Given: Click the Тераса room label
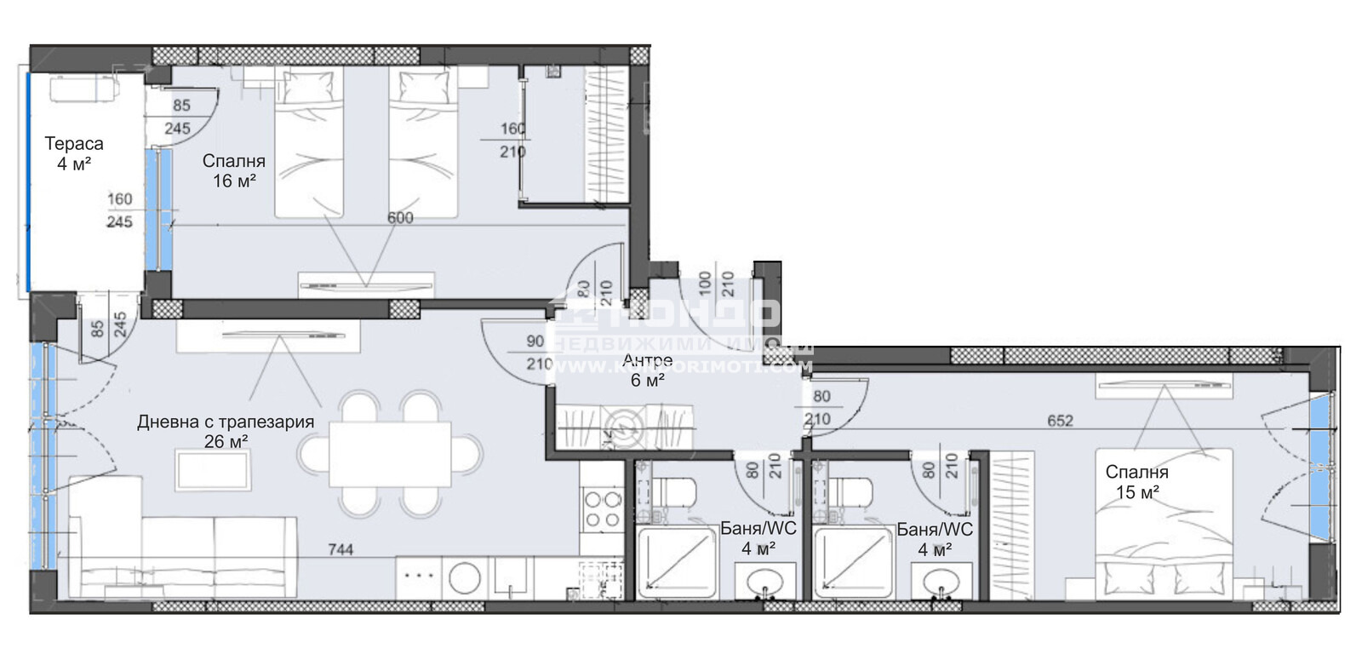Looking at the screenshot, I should pyautogui.click(x=74, y=144).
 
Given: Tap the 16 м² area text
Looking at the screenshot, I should pyautogui.click(x=234, y=181).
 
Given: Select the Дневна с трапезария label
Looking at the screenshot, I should pyautogui.click(x=226, y=422).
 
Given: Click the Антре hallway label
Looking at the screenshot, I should pyautogui.click(x=647, y=360).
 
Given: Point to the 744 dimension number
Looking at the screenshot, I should pyautogui.click(x=340, y=550).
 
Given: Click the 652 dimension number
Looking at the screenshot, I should pyautogui.click(x=1061, y=421).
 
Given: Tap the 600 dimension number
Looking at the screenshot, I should pyautogui.click(x=400, y=218).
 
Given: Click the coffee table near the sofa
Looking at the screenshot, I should pyautogui.click(x=213, y=471).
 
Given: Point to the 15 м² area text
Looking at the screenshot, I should pyautogui.click(x=1136, y=492).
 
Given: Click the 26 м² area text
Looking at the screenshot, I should pyautogui.click(x=226, y=441).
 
